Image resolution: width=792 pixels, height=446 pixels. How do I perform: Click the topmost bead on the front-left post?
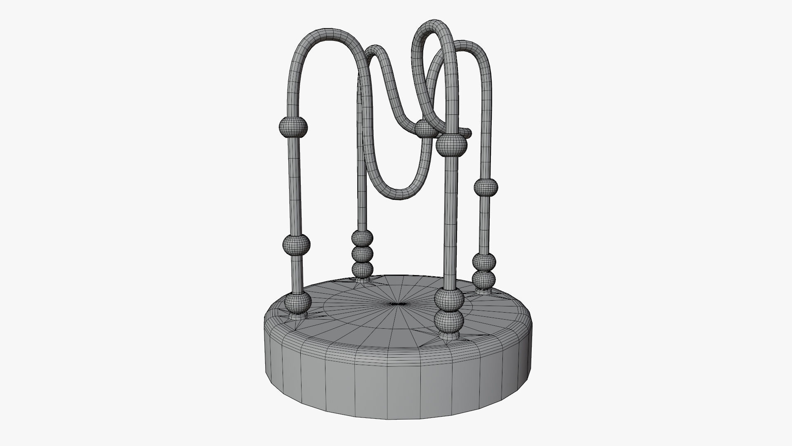click(293, 127)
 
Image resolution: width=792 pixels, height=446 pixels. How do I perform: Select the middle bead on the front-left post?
click(296, 245)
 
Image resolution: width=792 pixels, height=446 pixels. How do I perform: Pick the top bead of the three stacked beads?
click(362, 238)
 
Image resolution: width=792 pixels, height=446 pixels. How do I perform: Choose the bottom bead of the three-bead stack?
click(363, 269)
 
